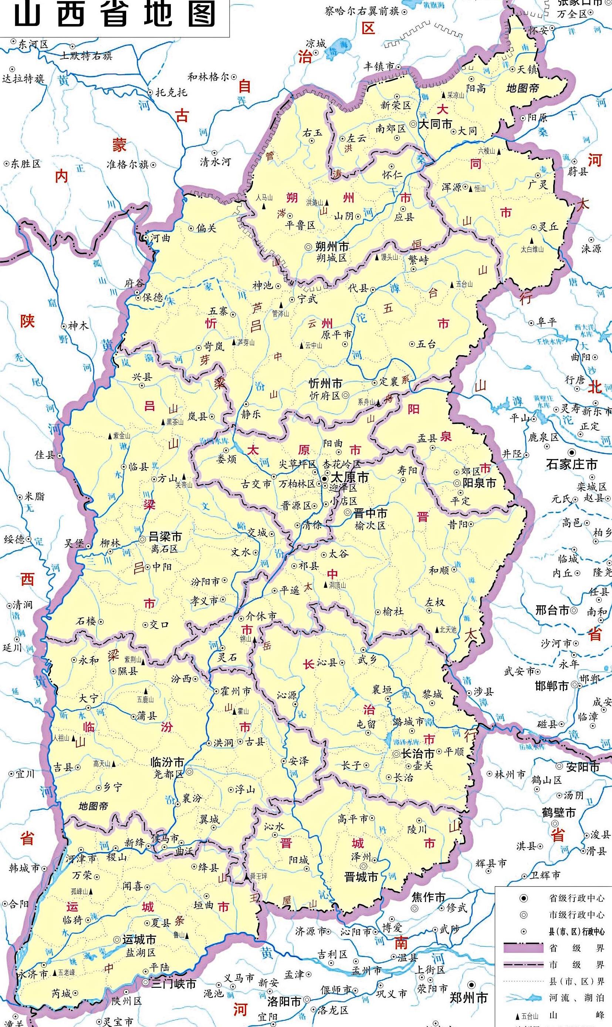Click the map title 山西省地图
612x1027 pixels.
coord(115,15)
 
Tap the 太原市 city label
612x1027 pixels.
coord(350,477)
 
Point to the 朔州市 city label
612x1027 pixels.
coord(332,247)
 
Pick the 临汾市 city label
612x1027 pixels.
coord(167,762)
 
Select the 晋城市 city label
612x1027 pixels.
coord(361,877)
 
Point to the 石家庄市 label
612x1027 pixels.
coord(572,464)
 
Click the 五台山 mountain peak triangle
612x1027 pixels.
coord(452,284)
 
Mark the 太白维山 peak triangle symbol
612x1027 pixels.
coord(532,240)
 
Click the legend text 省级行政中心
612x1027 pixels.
coord(577,898)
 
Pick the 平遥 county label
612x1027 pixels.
coord(290,590)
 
